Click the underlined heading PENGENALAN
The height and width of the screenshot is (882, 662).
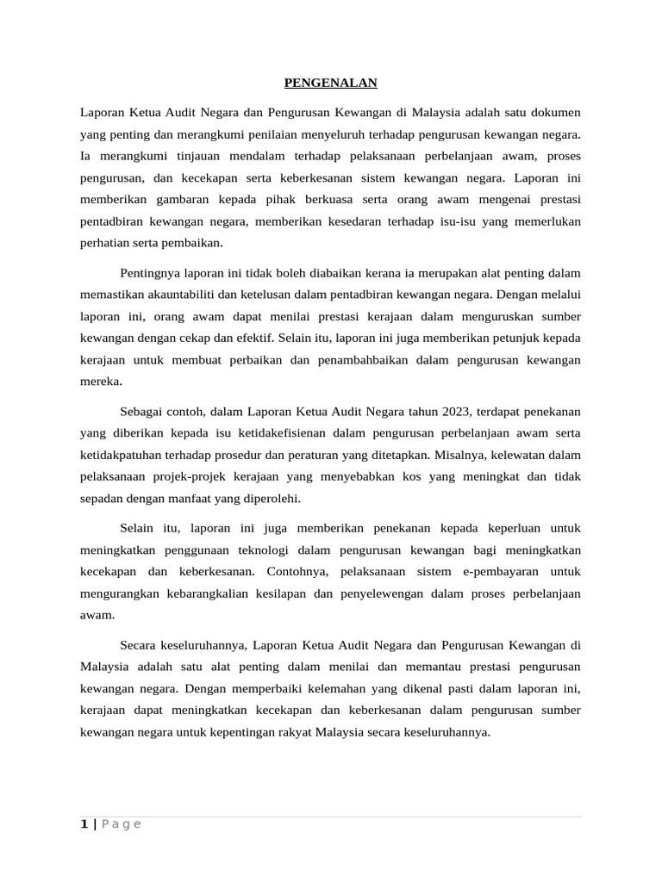click(331, 84)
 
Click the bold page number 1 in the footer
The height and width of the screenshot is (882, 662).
click(84, 824)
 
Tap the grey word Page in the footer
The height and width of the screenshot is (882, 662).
click(121, 824)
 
